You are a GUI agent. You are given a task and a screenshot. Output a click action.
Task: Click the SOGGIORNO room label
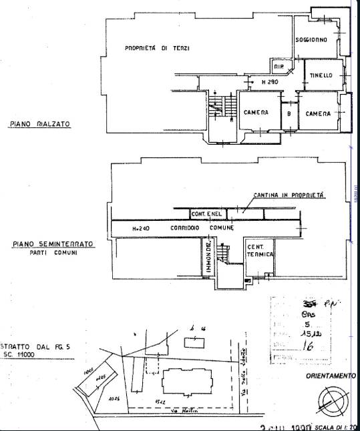coord(312,41)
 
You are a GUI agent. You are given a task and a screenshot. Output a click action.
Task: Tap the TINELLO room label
coord(321,75)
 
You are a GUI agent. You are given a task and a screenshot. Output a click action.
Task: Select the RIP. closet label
coord(279,67)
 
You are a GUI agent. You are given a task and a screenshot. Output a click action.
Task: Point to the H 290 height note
coord(269,82)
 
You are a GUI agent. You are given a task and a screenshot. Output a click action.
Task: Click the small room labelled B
coord(289,113)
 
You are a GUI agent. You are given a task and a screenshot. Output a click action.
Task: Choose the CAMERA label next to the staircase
coord(256,113)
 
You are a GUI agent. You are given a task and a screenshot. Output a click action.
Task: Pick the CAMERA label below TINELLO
coord(319,114)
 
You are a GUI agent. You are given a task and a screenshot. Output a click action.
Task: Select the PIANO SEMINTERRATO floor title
coord(52,244)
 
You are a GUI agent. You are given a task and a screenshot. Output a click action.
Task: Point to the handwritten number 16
coord(309,346)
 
